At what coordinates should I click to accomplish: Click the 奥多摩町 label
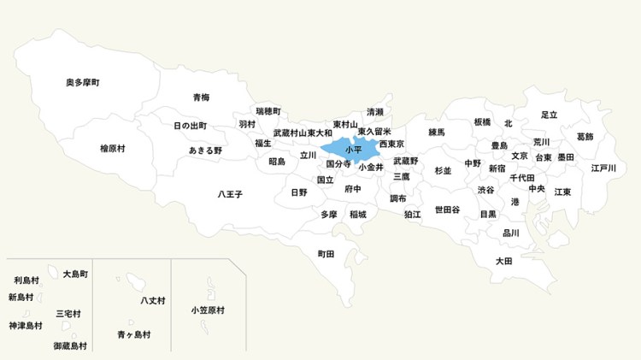83,83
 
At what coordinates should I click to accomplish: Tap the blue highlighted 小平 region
351,149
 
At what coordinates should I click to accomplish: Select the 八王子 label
230,195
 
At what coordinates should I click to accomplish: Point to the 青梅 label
201,97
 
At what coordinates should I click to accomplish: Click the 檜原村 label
112,149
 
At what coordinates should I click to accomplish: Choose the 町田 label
326,254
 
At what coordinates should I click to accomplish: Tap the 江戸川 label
603,168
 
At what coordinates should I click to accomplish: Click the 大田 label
504,261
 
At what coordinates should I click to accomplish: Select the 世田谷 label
447,210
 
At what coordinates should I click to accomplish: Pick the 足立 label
549,115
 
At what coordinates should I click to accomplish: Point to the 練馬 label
437,133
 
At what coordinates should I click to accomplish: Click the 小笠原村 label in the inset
208,310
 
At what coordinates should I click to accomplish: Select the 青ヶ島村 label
134,334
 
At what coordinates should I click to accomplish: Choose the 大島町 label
75,274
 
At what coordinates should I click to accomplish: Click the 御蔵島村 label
70,346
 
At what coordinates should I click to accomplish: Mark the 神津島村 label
26,326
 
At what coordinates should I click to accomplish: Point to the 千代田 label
522,178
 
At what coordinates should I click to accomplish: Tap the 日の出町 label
190,126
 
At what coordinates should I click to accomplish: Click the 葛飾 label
585,137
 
